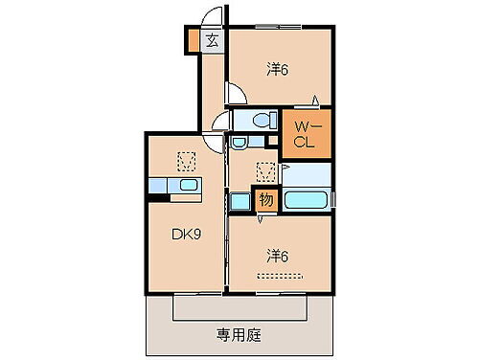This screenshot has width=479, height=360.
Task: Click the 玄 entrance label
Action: [x=211, y=40]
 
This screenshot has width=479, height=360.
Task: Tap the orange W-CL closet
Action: [x=304, y=134]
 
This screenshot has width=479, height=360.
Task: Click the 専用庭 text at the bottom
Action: [x=239, y=336]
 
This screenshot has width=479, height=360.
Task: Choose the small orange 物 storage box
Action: [x=266, y=200]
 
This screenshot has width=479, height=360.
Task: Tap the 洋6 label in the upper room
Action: [x=279, y=69]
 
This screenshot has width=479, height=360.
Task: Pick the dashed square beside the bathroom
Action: [x=265, y=171]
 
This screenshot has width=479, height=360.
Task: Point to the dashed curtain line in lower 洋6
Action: [x=285, y=276]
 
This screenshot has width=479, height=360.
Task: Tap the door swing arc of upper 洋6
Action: [x=235, y=94]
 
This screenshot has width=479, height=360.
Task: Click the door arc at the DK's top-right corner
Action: [x=221, y=121]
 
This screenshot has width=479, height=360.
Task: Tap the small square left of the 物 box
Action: [x=239, y=201]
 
